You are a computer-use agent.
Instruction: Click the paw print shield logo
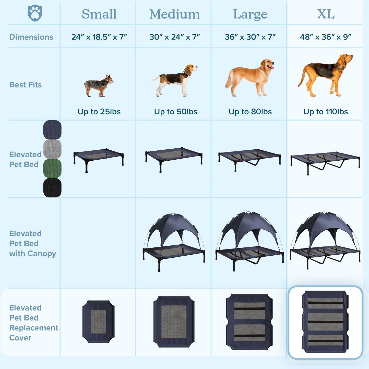coord(35,13)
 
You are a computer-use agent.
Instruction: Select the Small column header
coord(99,14)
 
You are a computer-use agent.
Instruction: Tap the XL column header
coord(326,14)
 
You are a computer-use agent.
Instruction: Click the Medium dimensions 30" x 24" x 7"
coord(175,37)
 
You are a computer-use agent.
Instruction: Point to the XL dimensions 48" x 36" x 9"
coord(326,37)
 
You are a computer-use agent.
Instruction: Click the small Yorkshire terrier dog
coord(99,86)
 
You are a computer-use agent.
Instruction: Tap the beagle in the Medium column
coord(174,80)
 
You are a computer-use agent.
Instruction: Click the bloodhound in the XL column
coord(325,75)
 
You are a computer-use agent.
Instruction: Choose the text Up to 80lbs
coord(250,112)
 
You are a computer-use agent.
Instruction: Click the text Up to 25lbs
coord(99,112)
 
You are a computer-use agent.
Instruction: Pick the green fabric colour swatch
coord(52,168)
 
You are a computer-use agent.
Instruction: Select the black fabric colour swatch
coord(52,188)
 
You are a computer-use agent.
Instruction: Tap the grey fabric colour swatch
coord(52,149)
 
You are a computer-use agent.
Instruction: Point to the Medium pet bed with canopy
coord(174,242)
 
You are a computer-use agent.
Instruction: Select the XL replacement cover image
coord(325,322)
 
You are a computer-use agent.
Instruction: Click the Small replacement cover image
coord(98,322)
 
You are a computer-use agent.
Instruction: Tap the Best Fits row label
coord(26,85)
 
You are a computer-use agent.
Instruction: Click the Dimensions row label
coord(31,37)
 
